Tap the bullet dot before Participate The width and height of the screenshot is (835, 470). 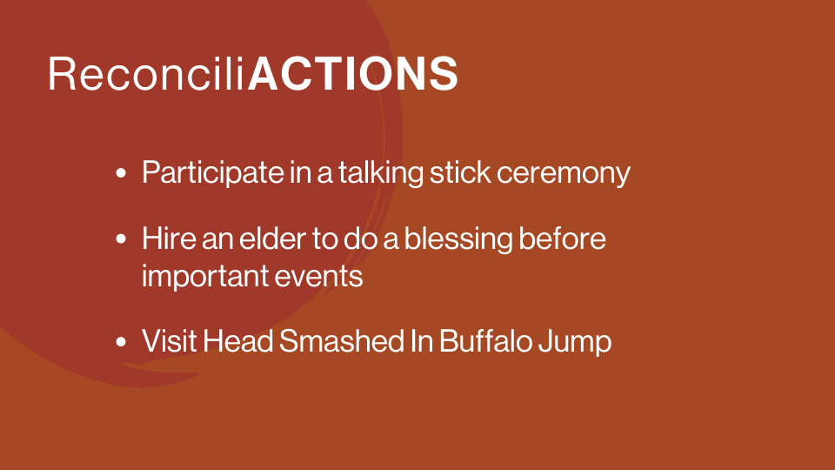121,173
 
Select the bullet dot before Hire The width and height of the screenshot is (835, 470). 121,238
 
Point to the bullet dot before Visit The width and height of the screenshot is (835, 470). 121,341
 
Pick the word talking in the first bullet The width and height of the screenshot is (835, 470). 381,173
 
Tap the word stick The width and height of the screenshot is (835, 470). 460,172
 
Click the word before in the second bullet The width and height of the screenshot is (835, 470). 562,238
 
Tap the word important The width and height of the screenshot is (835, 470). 205,277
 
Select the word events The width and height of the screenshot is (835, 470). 318,277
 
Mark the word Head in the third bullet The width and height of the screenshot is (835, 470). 238,341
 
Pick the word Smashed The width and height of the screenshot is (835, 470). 341,341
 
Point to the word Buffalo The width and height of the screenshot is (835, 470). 485,341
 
